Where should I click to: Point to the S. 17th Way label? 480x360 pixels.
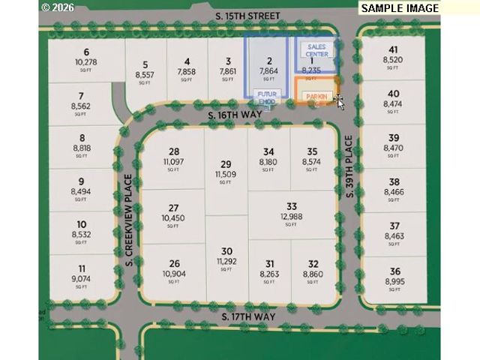coord(249,316)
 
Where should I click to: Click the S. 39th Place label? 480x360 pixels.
coord(349,166)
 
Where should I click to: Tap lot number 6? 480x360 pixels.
coord(87,52)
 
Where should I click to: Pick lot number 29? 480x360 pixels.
coord(226,164)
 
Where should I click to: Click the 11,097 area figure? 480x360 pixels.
coord(174,161)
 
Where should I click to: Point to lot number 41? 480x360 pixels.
coord(394,51)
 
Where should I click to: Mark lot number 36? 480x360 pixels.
coord(395,271)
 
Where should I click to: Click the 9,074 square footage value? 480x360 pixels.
coord(81,279)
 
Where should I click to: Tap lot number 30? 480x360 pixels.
coord(226,251)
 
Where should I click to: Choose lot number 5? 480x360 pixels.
coord(145,64)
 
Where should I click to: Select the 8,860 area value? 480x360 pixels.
coord(313,274)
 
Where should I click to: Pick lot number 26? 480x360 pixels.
coord(174,263)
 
